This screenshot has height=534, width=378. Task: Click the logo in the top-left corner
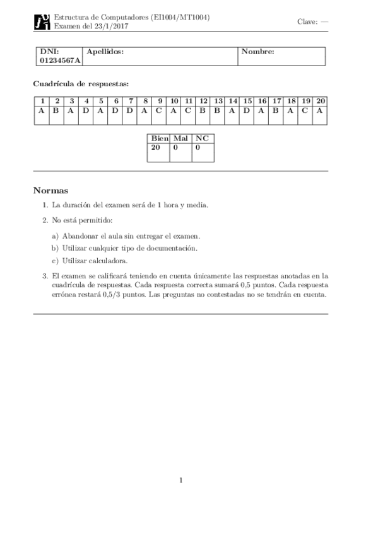[42, 23]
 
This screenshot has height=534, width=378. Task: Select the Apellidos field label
[105, 52]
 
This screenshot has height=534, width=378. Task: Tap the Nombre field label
[257, 52]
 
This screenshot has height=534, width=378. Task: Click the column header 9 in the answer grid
[160, 101]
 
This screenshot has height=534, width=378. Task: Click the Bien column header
[158, 139]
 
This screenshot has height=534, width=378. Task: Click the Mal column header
[181, 139]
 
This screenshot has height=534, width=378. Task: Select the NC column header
[202, 139]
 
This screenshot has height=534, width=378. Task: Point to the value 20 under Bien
[156, 147]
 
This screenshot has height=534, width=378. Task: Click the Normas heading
[50, 190]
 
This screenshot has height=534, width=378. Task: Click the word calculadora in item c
[110, 261]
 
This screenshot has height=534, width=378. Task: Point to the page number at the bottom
[180, 480]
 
